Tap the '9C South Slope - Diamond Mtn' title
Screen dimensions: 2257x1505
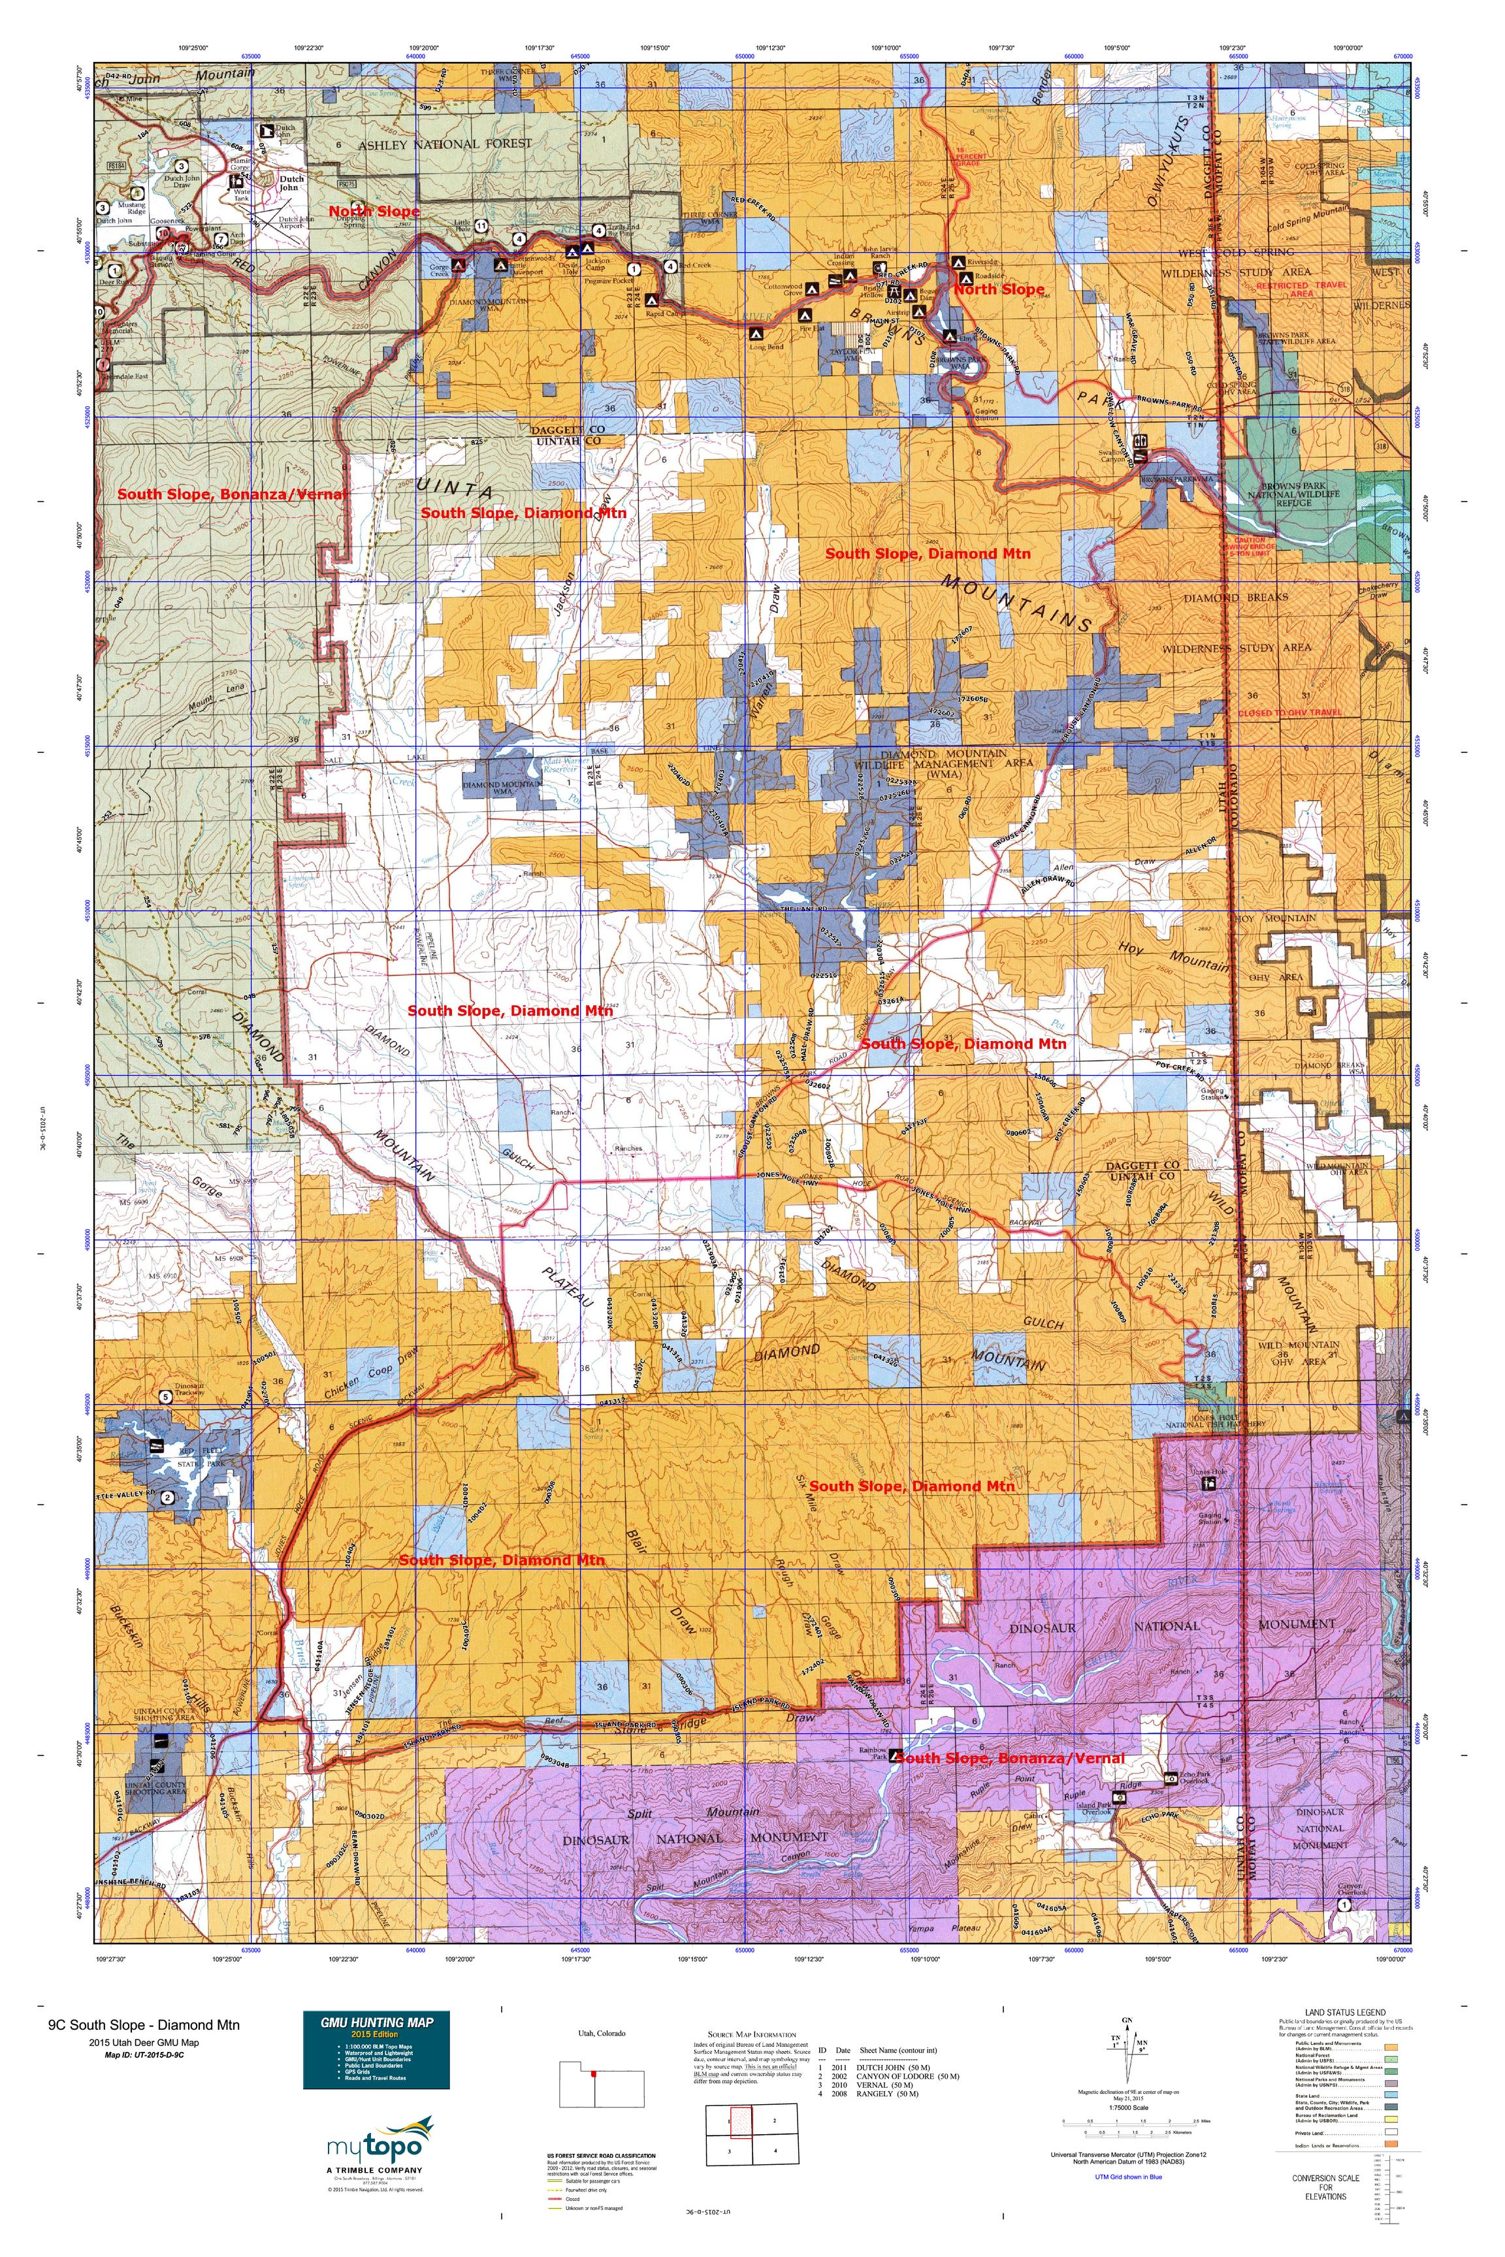coord(131,2025)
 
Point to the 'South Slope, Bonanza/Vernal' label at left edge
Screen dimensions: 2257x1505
coord(231,494)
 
